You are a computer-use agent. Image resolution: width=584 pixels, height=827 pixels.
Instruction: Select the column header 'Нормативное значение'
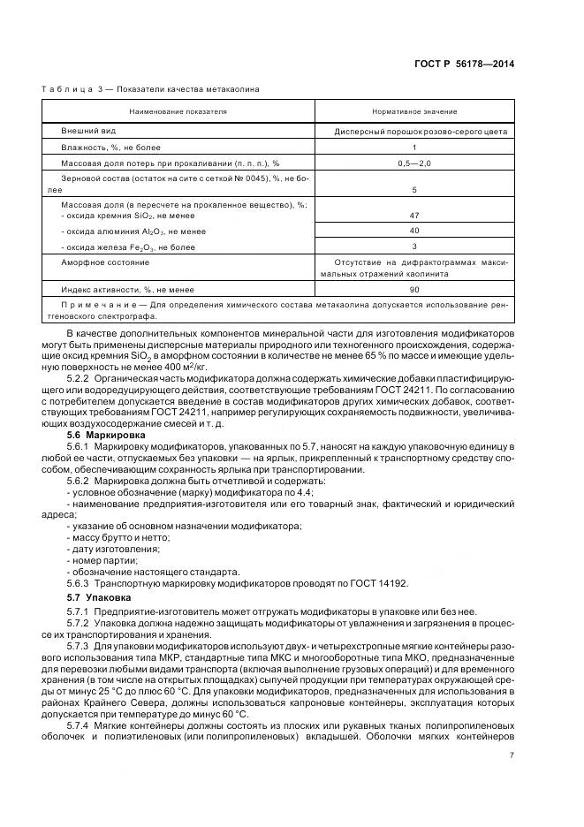point(414,111)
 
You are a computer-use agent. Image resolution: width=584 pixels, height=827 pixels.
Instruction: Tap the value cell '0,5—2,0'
point(414,163)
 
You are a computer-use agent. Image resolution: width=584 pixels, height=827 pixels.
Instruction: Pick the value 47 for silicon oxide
point(414,216)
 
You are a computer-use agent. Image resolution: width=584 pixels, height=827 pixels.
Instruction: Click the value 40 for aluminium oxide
point(414,231)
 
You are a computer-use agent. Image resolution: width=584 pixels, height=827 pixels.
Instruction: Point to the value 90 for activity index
point(414,289)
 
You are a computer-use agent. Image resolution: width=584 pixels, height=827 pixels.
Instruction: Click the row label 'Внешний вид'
point(84,131)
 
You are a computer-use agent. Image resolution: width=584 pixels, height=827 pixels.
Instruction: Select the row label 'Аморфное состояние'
point(104,262)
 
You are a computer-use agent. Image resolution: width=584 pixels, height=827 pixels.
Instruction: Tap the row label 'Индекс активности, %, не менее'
point(127,289)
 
